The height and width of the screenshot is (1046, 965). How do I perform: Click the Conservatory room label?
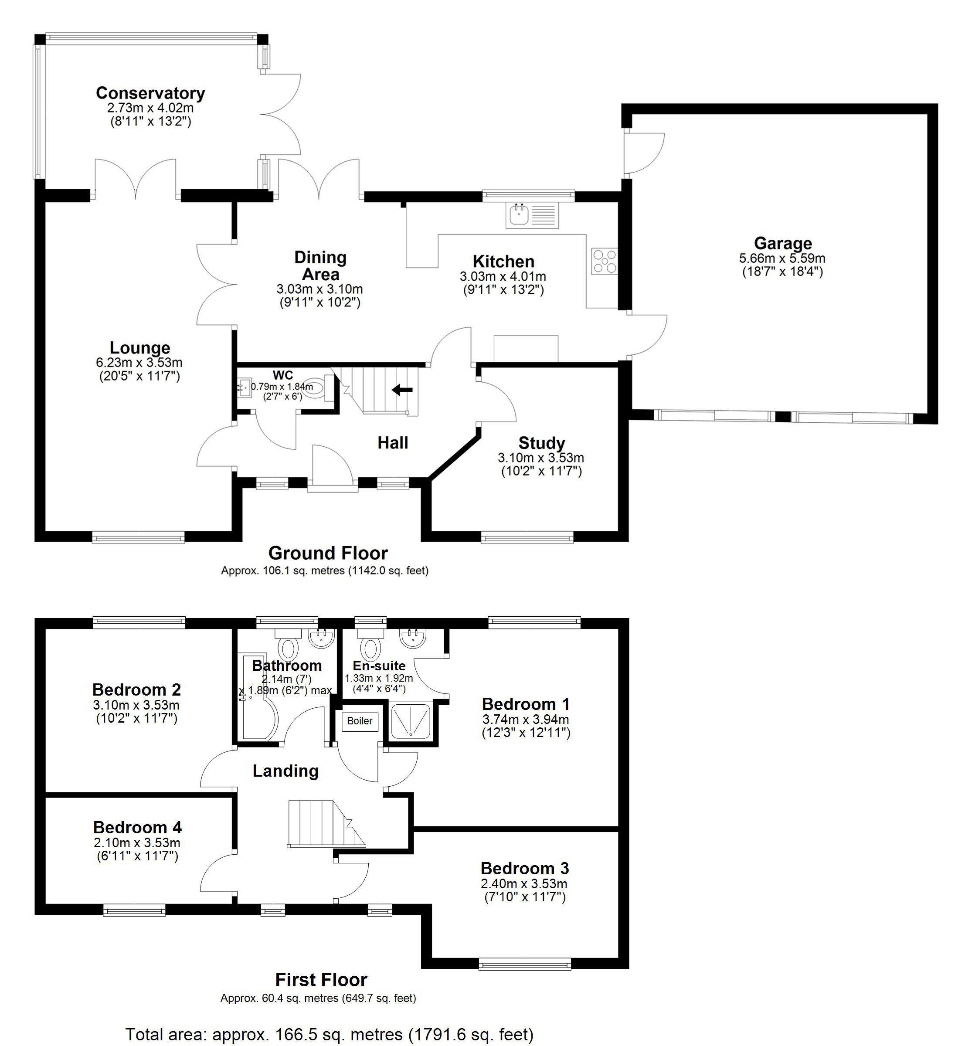pyautogui.click(x=150, y=93)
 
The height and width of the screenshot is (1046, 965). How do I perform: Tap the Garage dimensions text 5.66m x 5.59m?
pyautogui.click(x=782, y=258)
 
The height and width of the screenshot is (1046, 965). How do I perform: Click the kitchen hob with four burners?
pyautogui.click(x=605, y=261)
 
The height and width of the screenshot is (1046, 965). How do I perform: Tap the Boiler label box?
pyautogui.click(x=360, y=721)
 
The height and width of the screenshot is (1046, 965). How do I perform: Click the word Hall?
pyautogui.click(x=393, y=443)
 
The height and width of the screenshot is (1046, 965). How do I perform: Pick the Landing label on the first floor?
pyautogui.click(x=285, y=771)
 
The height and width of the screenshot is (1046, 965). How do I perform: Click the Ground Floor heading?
pyautogui.click(x=328, y=553)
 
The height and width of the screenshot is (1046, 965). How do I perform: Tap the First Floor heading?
pyautogui.click(x=321, y=980)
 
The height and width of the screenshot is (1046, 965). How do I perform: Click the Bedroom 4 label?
pyautogui.click(x=137, y=827)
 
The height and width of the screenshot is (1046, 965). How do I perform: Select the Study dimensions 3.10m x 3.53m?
pyautogui.click(x=541, y=458)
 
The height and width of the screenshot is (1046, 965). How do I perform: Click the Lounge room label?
pyautogui.click(x=140, y=348)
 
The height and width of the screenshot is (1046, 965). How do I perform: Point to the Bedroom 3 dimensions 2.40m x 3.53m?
pyautogui.click(x=524, y=883)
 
